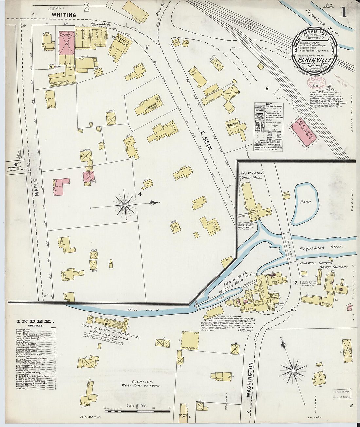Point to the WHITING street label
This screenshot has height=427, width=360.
pyautogui.click(x=63, y=15)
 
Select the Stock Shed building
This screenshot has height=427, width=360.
pyautogui.click(x=190, y=342)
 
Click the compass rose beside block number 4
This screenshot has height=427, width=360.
pyautogui.click(x=125, y=205)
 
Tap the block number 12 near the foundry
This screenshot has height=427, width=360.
pyautogui.click(x=295, y=283)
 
